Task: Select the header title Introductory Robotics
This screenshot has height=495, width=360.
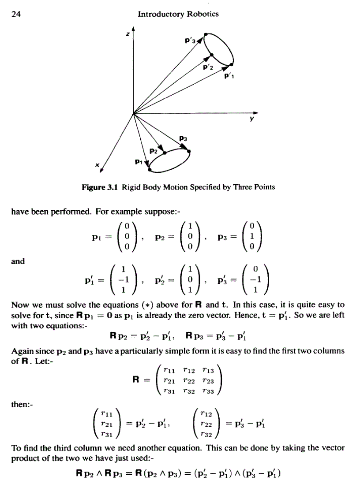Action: tap(178, 14)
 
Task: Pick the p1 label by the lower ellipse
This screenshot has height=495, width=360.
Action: tap(138, 163)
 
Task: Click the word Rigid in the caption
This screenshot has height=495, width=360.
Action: tap(131, 187)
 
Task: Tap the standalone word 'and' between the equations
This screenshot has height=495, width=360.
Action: tap(18, 261)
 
